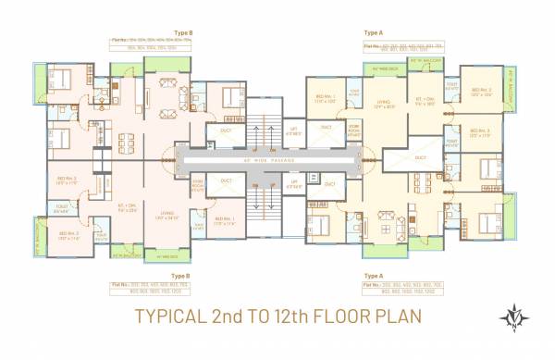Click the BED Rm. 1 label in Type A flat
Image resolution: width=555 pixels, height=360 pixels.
click(325, 99)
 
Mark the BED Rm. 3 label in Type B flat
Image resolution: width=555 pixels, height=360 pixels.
click(68, 180)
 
